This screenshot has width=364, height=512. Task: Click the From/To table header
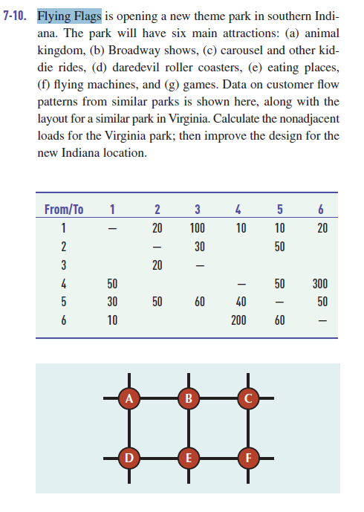[63, 209]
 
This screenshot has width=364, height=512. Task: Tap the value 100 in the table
[198, 228]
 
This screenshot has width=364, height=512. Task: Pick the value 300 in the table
[320, 284]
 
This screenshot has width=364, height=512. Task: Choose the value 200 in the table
[239, 321]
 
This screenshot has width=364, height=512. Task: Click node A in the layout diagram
[130, 398]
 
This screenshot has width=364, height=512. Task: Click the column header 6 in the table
[322, 209]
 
